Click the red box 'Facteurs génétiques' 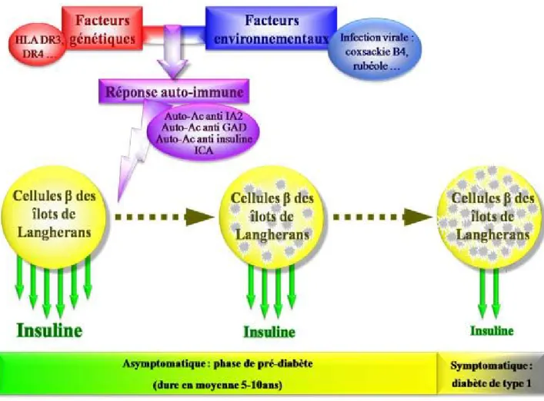[x=102, y=28]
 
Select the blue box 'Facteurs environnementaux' [x=272, y=28]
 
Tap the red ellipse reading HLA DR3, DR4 [x=36, y=46]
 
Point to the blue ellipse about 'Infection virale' [x=375, y=50]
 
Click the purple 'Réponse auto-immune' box [x=174, y=91]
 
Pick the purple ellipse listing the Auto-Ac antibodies [x=204, y=134]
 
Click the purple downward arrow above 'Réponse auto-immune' [x=172, y=52]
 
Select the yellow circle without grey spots [x=54, y=217]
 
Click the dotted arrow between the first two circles [x=165, y=217]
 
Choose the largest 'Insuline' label [x=49, y=330]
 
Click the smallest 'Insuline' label [x=492, y=330]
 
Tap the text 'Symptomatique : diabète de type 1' [x=491, y=374]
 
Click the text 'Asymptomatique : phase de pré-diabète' [x=218, y=363]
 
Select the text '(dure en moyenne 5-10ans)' [x=218, y=385]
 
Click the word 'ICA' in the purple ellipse [x=204, y=151]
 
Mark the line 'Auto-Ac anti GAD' [x=204, y=128]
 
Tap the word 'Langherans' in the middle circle [x=272, y=235]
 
